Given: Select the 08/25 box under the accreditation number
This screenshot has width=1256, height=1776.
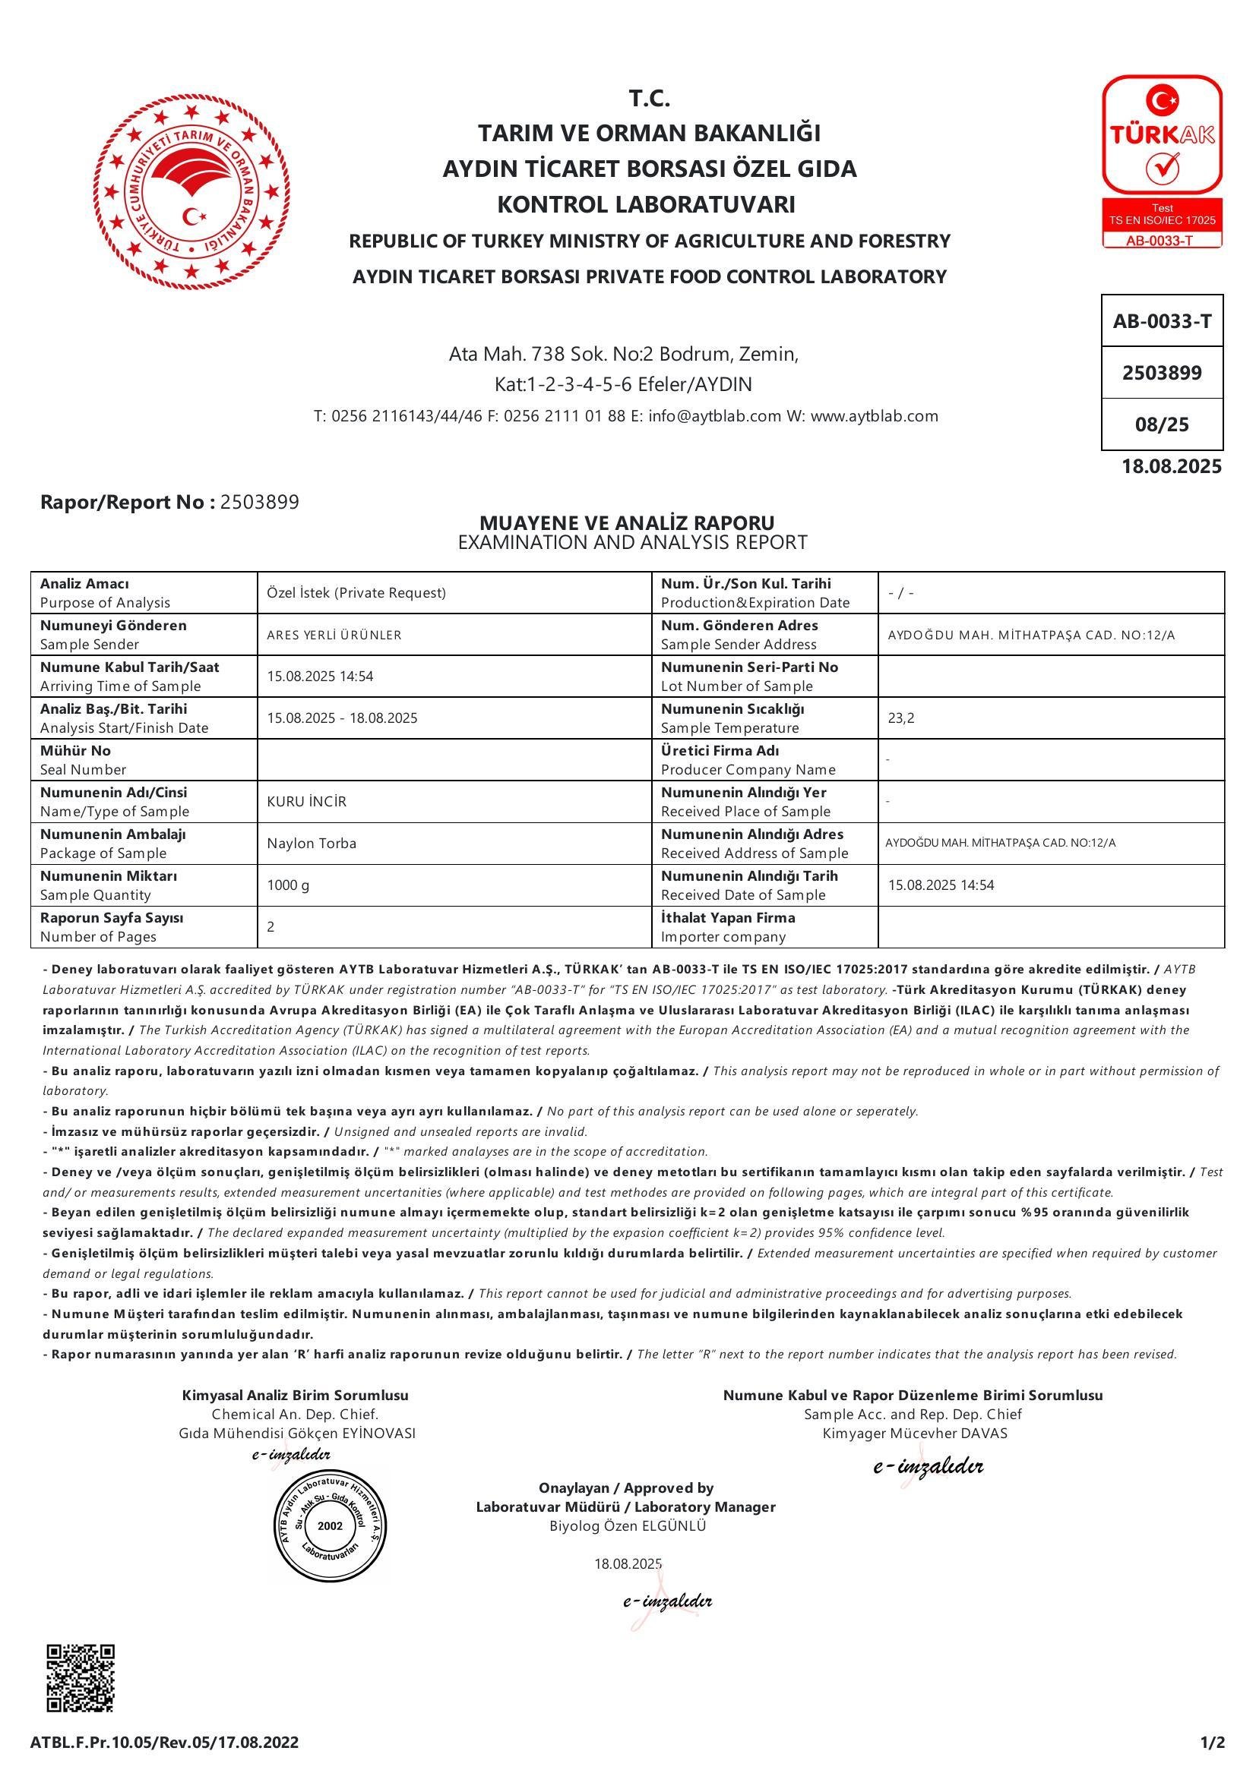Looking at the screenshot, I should (x=1162, y=424).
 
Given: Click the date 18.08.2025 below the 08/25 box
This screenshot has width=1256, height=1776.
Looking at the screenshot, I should (x=1172, y=465).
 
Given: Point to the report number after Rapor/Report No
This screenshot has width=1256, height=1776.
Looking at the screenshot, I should (x=259, y=502).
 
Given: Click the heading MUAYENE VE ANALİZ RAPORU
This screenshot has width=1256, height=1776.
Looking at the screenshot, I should (x=627, y=523).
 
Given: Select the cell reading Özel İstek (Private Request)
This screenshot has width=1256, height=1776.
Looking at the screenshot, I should (x=356, y=592).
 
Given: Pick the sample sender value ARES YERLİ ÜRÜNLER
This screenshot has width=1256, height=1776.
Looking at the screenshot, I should (x=334, y=635).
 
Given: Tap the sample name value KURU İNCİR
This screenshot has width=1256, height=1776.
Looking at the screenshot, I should (x=306, y=801).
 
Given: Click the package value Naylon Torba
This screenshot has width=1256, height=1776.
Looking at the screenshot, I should (x=311, y=843).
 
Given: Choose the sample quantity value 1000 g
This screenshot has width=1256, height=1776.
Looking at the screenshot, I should (x=288, y=885).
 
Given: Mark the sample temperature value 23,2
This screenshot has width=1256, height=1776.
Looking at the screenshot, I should (x=901, y=718).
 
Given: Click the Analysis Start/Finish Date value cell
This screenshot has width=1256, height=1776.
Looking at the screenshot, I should (x=342, y=718).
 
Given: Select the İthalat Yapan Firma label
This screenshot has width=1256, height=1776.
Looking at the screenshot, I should (x=727, y=917).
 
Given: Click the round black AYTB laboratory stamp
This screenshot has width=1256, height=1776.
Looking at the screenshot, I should (x=329, y=1525).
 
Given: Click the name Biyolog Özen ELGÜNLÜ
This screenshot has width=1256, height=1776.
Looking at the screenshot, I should (x=627, y=1526).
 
